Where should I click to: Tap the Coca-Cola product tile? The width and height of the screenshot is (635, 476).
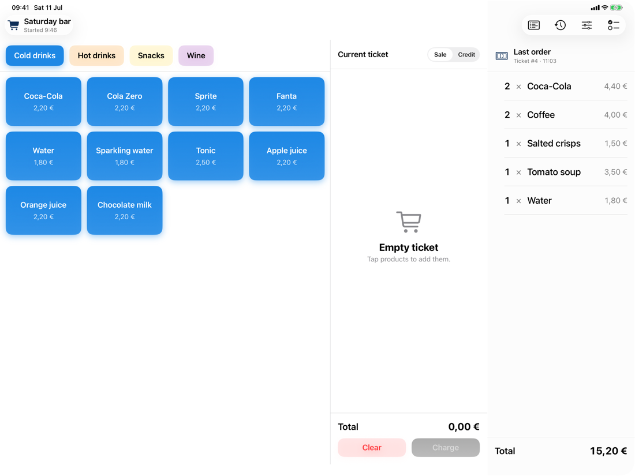click(x=43, y=102)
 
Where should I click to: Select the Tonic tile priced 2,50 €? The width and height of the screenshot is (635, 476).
click(x=206, y=156)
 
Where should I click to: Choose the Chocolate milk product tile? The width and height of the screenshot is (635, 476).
click(x=125, y=210)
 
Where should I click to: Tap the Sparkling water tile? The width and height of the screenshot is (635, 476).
click(x=125, y=156)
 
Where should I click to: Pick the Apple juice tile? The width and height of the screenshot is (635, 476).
click(x=287, y=156)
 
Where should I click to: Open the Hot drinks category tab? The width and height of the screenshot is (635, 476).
click(x=96, y=55)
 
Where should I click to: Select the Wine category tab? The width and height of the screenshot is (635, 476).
click(x=196, y=55)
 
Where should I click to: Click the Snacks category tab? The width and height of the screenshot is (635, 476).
click(x=151, y=55)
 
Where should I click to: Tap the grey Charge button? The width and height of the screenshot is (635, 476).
click(x=446, y=447)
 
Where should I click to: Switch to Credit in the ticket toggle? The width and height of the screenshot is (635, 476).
click(x=466, y=55)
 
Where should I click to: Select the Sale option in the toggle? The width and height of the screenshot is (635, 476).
click(x=440, y=55)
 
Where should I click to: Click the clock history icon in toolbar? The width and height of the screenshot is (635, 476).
click(x=560, y=25)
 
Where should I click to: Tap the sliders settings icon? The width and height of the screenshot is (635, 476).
click(x=587, y=25)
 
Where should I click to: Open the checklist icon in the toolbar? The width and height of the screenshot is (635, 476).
click(x=613, y=25)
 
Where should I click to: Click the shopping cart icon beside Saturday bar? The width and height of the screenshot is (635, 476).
click(x=13, y=25)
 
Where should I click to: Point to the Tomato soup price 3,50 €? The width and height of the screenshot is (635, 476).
click(x=615, y=172)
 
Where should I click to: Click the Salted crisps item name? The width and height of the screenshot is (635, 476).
click(x=554, y=143)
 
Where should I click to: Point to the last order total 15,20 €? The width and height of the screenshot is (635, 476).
click(x=608, y=451)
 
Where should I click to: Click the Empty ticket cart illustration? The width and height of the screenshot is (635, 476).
click(x=409, y=222)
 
